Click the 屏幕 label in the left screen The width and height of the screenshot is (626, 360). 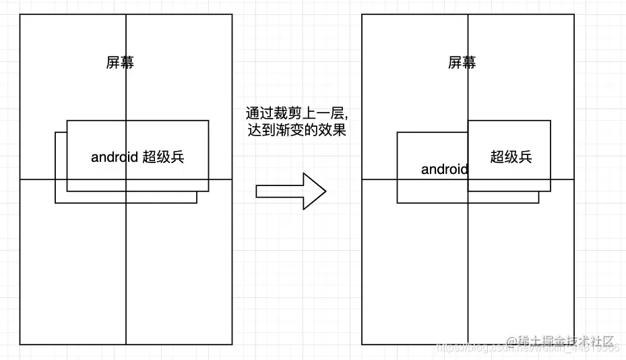[120, 63]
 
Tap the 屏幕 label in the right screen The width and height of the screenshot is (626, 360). [462, 63]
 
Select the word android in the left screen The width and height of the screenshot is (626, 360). [115, 158]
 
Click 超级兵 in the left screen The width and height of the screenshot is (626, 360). [164, 157]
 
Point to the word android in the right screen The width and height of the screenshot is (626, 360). [444, 169]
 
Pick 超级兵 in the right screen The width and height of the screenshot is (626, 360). [511, 157]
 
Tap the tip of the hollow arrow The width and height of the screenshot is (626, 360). [325, 191]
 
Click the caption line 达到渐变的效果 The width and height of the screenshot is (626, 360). [297, 130]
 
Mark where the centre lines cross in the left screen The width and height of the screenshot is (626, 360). [126, 179]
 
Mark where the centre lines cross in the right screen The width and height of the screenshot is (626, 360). [468, 179]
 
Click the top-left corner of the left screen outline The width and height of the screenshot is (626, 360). [20, 14]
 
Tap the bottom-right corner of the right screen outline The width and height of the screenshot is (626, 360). [574, 344]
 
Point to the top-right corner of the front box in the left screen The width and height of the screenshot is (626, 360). [208, 121]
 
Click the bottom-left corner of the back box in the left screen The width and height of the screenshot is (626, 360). [55, 202]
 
